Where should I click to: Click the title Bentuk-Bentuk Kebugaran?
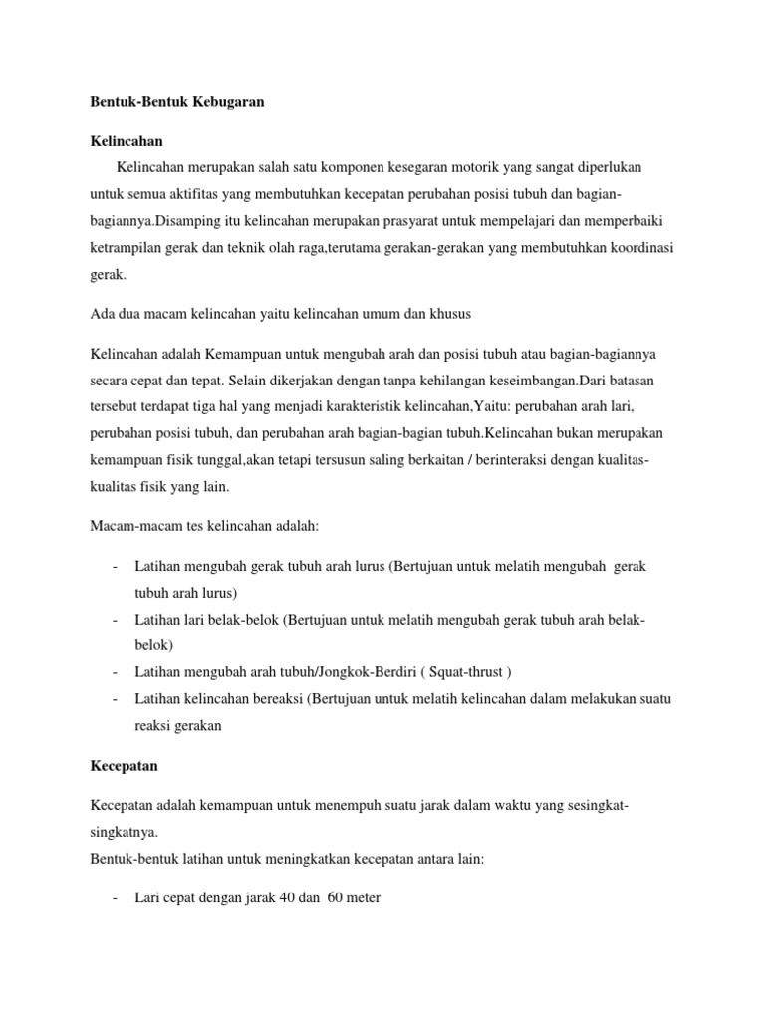point(176,101)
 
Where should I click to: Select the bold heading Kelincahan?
point(127,141)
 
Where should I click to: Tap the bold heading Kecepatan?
point(125,767)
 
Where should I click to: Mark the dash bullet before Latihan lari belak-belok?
point(117,620)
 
